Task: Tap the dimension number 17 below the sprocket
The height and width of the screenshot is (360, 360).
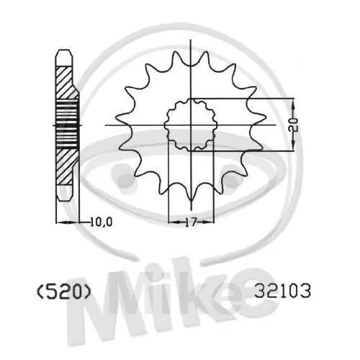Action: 190,222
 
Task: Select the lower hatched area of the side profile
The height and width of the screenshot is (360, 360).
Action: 66,165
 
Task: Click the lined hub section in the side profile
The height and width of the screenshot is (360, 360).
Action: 66,124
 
